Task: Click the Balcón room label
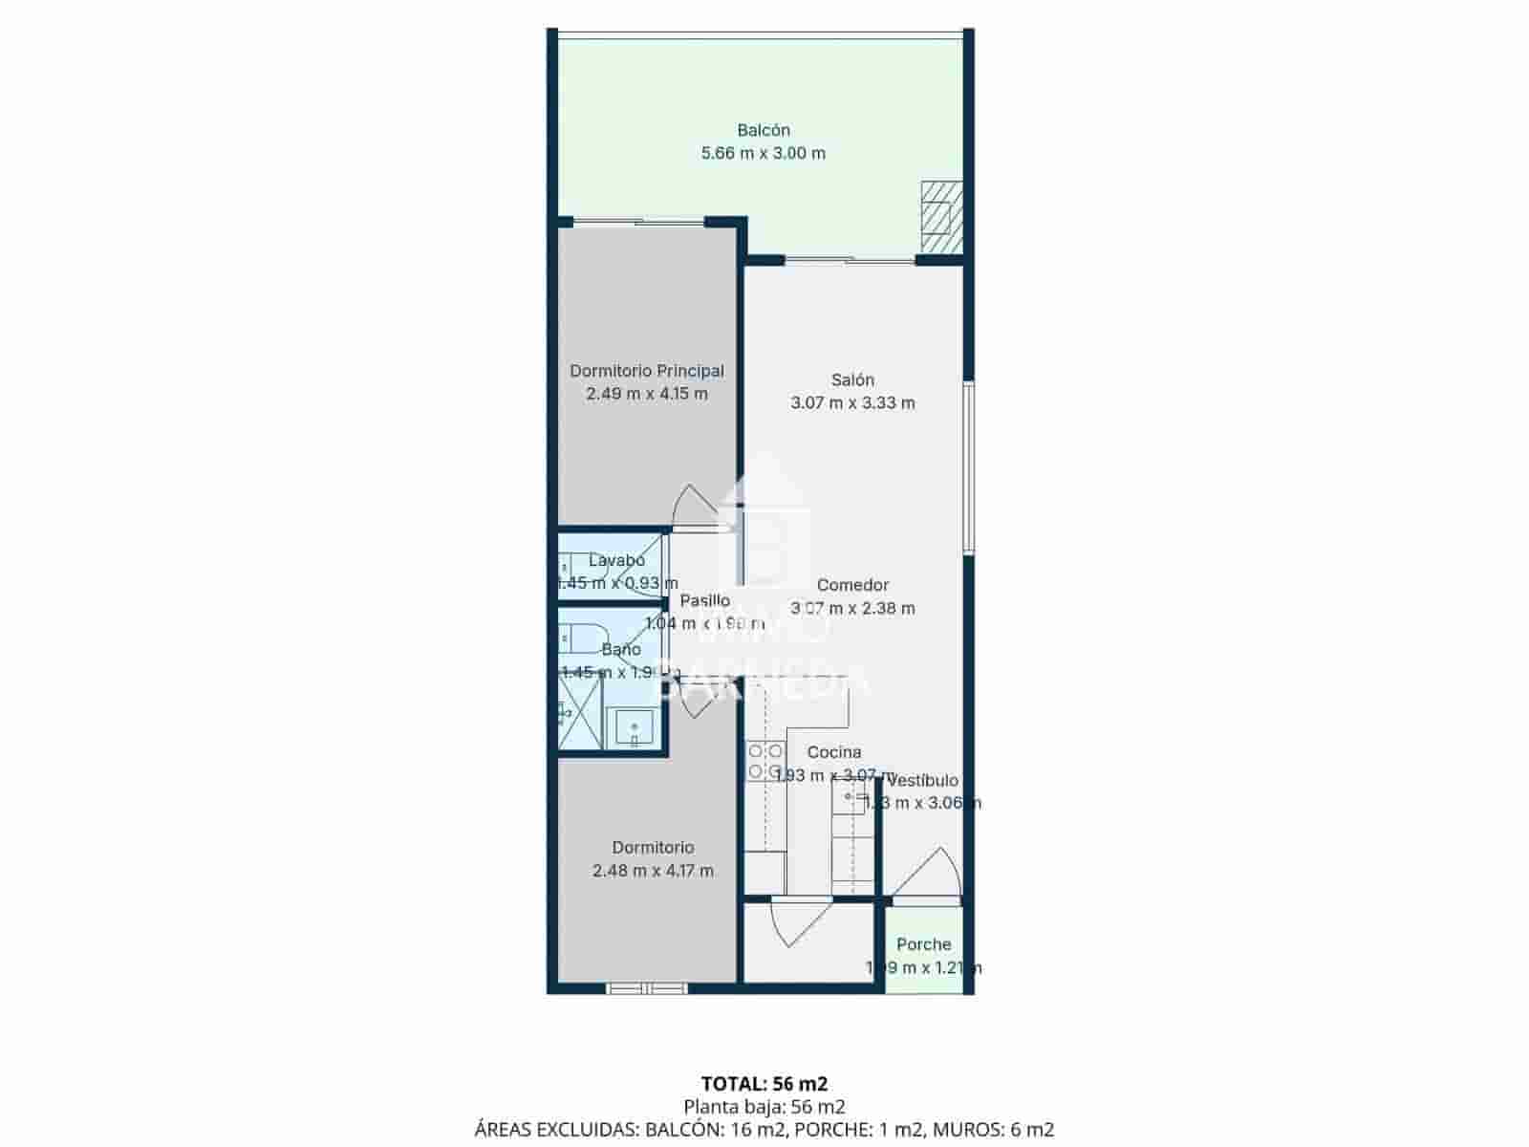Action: pyautogui.click(x=763, y=130)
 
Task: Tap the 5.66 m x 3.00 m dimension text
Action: pyautogui.click(x=763, y=153)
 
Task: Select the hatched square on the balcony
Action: pyautogui.click(x=941, y=216)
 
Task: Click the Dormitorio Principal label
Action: pyautogui.click(x=646, y=371)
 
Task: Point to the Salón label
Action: pyautogui.click(x=852, y=379)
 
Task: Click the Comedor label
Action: pyautogui.click(x=852, y=585)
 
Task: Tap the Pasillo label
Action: pyautogui.click(x=704, y=600)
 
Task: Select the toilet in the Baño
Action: pyautogui.click(x=582, y=636)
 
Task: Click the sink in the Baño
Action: pyautogui.click(x=634, y=729)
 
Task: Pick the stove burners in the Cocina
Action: pyautogui.click(x=765, y=761)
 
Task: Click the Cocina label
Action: pyautogui.click(x=833, y=752)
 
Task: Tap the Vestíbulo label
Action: pyautogui.click(x=923, y=781)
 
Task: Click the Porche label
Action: pyautogui.click(x=923, y=944)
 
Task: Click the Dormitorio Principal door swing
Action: pyautogui.click(x=690, y=508)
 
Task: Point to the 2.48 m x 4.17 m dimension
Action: pyautogui.click(x=653, y=871)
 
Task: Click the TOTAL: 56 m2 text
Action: pyautogui.click(x=764, y=1083)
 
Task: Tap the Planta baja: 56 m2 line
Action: pyautogui.click(x=764, y=1107)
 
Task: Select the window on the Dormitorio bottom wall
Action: pyautogui.click(x=647, y=988)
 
